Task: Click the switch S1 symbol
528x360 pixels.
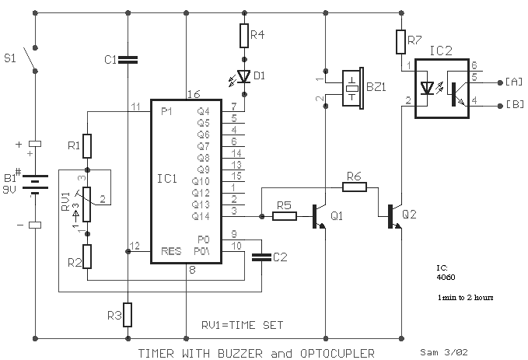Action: tap(30, 60)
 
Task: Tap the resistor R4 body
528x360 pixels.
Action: tap(244, 35)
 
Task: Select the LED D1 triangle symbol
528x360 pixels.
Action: tap(244, 76)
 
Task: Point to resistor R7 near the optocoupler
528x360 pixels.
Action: tap(400, 42)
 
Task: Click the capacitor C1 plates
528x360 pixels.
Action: tap(128, 60)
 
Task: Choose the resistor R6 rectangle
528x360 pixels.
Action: tap(355, 187)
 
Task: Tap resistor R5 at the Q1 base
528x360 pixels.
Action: tap(285, 216)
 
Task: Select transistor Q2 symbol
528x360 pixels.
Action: tap(395, 216)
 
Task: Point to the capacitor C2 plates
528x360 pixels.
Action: tap(261, 257)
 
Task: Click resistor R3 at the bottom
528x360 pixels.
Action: tap(128, 315)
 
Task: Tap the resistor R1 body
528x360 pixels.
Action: tap(87, 146)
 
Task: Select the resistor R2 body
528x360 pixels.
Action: tap(87, 257)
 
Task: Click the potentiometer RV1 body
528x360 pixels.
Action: tap(87, 204)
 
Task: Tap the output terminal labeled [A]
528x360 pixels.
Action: tap(500, 82)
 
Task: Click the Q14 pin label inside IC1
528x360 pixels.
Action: tap(201, 216)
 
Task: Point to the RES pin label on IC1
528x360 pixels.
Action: tap(171, 251)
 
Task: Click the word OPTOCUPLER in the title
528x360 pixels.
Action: tap(337, 354)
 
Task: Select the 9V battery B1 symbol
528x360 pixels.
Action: tap(35, 184)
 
